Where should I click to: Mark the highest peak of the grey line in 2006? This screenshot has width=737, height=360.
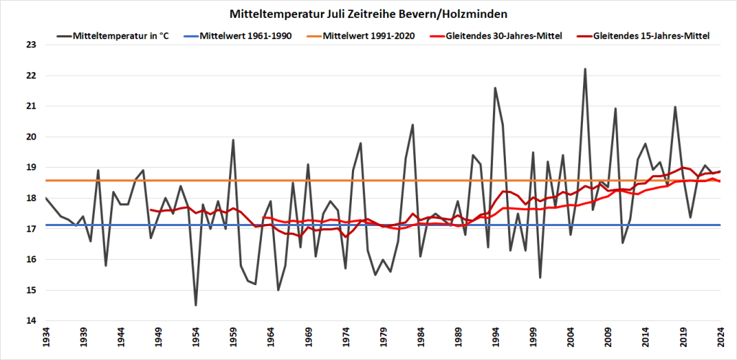585,69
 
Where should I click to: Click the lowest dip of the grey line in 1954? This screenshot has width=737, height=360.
196,305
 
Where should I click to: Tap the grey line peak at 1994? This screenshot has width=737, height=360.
495,88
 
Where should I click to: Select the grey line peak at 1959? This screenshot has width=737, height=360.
233,140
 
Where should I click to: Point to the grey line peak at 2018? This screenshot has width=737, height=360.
675,107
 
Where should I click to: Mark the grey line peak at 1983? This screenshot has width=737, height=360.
412,125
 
